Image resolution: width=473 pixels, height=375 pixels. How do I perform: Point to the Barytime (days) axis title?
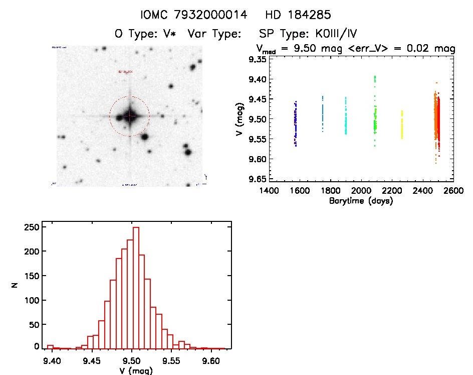[x=361, y=201]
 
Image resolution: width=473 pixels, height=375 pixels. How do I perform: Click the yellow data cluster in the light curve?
[x=402, y=124]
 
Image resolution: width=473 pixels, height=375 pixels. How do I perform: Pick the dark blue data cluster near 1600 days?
[x=296, y=123]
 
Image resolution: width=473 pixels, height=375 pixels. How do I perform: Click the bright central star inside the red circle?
[x=130, y=116]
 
